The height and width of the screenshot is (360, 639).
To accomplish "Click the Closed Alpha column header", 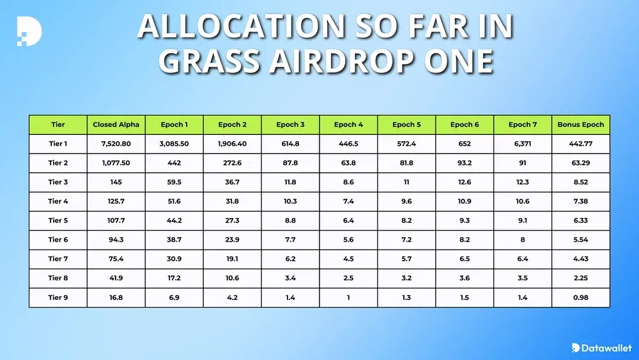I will (x=116, y=125).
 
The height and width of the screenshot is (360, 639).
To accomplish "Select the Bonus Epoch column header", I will (x=580, y=125).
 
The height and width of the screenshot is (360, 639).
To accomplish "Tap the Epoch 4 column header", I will (x=348, y=125).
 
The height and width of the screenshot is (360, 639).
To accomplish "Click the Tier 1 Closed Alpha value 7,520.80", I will (x=116, y=144).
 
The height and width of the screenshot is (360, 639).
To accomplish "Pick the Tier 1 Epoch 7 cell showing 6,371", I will (x=522, y=144).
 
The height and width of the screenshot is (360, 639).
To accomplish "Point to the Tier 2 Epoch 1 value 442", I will (x=174, y=163).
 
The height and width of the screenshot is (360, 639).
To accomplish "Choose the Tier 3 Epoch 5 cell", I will (x=406, y=182).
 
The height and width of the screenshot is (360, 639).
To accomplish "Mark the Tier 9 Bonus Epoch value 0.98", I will (x=580, y=297).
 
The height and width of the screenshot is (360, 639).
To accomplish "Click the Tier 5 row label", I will (x=58, y=221).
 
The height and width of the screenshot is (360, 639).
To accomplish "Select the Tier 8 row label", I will (x=58, y=278).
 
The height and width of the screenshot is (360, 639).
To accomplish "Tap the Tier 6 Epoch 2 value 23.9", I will (x=232, y=240).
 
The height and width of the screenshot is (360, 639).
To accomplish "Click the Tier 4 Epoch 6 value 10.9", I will (x=465, y=201).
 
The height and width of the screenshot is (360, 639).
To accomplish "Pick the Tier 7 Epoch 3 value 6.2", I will (x=290, y=259).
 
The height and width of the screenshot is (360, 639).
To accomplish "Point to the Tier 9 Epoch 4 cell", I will (x=348, y=297).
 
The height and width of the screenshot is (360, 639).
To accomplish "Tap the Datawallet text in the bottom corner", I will (x=606, y=348).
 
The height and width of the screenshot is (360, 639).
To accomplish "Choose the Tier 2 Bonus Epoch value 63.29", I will (x=580, y=163).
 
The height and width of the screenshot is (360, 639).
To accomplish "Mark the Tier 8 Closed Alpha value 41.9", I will (x=116, y=278).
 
